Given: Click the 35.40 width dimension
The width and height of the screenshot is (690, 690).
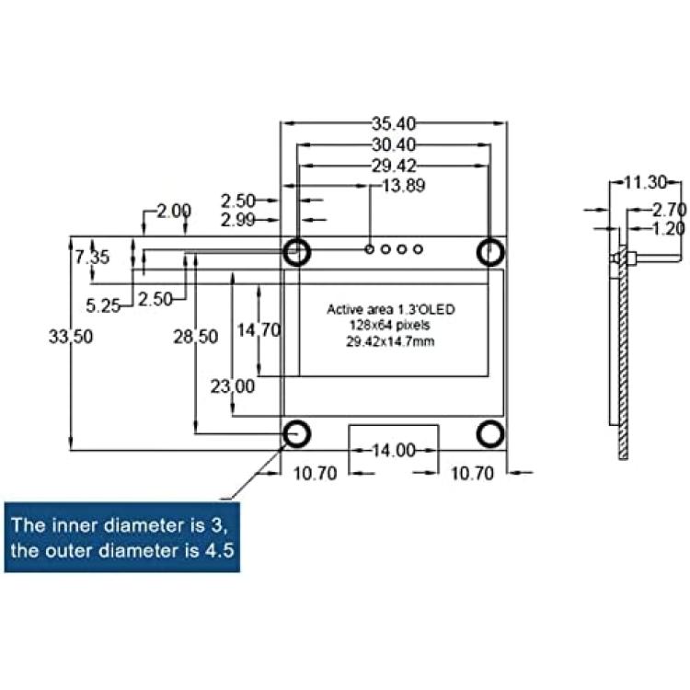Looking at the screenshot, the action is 394,123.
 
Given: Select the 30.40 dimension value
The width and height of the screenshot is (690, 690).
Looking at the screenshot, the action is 394,144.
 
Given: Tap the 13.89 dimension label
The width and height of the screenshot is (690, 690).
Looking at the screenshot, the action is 404,186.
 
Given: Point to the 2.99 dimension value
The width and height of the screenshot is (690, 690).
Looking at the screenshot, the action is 237,220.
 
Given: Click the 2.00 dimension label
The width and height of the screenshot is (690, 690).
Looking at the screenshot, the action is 174,212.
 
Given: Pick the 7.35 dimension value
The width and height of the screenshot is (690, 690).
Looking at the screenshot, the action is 92,257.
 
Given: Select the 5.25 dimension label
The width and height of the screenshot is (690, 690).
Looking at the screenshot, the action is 103,305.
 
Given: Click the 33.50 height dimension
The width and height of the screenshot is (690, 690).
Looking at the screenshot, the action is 71,337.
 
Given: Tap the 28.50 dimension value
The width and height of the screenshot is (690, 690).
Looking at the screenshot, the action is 196,337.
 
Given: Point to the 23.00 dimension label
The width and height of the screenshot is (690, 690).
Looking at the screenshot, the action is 233,386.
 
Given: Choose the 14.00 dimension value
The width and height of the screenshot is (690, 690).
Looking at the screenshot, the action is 394,450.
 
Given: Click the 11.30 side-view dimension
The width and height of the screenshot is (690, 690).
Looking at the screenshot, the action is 646,182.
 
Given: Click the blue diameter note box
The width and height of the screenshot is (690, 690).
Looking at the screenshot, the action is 122,537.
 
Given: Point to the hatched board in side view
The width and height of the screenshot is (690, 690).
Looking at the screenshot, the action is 623,352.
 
